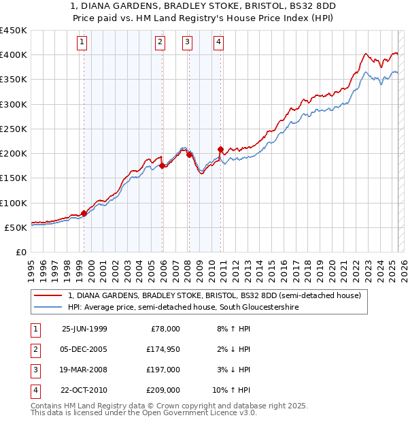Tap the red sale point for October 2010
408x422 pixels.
point(220,149)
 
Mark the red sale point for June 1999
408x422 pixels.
point(84,213)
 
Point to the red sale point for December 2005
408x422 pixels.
point(163,165)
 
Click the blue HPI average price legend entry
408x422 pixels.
point(183,308)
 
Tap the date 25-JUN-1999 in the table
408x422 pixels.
point(84,329)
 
